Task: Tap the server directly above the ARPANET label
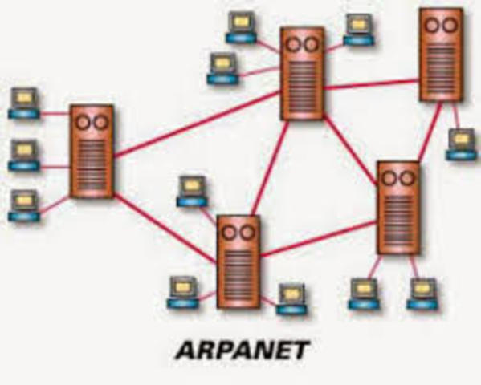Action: point(238,261)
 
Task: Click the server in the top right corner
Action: point(441,55)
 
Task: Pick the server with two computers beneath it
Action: point(398,208)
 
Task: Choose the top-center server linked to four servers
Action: point(302,73)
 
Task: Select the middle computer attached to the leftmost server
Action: point(24,154)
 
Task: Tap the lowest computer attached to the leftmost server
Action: point(24,205)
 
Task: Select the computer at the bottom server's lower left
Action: point(181,292)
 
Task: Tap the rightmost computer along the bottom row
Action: point(422,294)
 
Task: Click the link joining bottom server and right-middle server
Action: point(319,238)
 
